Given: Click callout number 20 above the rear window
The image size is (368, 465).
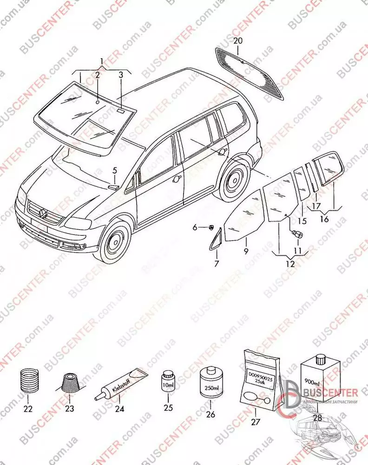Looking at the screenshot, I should coord(238,41).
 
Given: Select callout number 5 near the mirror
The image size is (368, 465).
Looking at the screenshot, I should coord(115,170).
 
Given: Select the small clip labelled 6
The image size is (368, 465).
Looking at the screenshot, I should coord(210,227).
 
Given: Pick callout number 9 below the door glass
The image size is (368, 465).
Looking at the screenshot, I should coord(246,252).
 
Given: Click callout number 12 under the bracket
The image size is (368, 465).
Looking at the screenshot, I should coord(290,264).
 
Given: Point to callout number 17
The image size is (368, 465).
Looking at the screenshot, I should coord(316,206).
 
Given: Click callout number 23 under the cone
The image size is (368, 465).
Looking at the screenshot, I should coord(69,409).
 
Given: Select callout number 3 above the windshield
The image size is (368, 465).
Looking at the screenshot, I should coord(120,74).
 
